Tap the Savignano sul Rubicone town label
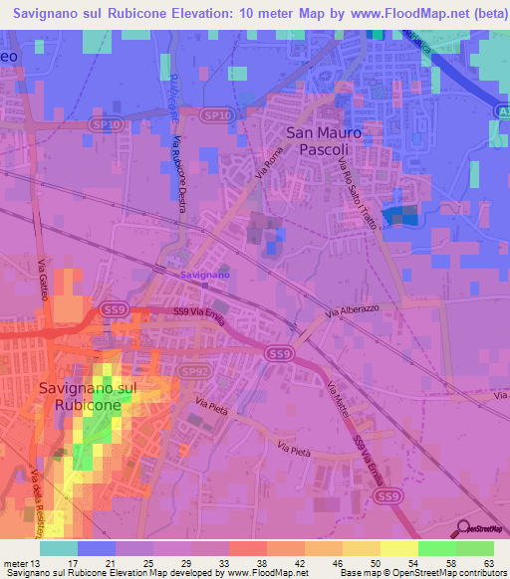(81, 396)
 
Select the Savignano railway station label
(204, 274)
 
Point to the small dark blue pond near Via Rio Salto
(402, 216)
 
